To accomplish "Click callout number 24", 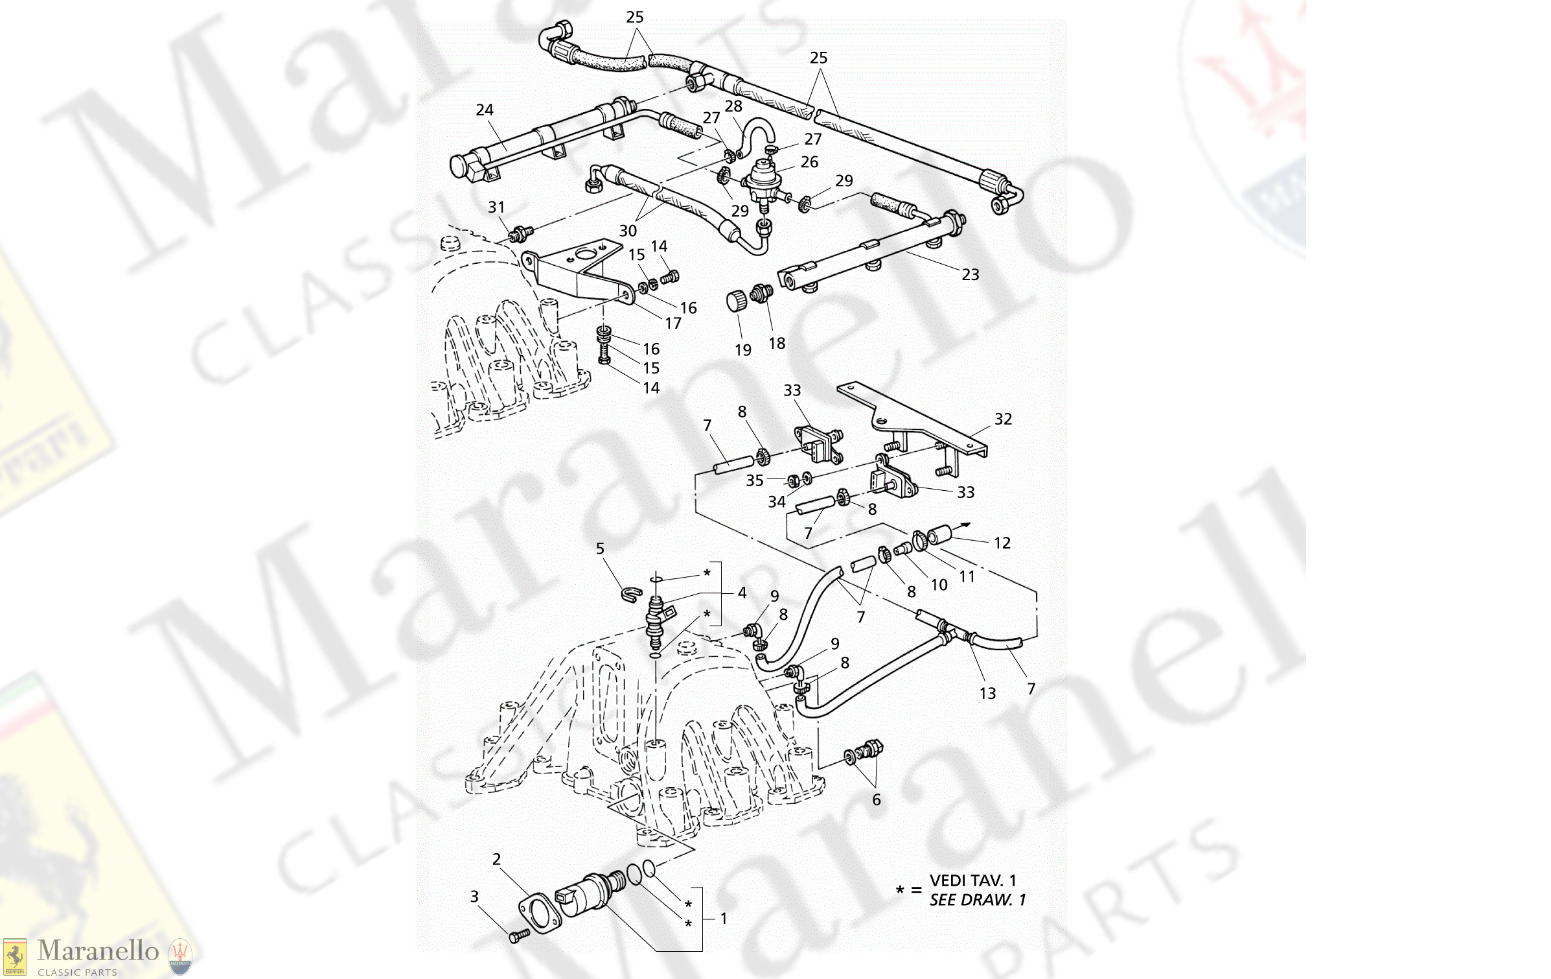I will point(484,110).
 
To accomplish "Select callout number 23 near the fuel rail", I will point(970,275).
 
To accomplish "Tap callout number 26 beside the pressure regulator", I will point(809,162).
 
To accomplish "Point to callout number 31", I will point(496,207).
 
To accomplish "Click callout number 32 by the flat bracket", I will point(1003,419).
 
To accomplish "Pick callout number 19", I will point(743,350).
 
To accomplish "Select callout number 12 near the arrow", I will point(1002,543).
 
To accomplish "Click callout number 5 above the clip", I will point(600,549).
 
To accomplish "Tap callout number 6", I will point(876,800).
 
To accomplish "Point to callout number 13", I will point(987,694).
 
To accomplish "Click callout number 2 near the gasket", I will point(496,860).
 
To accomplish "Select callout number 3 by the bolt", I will point(474,897).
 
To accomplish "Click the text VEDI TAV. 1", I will point(972,880).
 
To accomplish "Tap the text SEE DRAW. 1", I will point(977,900).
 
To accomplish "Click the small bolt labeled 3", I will point(519,936).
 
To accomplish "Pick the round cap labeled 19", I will point(735,301).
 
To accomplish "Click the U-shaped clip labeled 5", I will point(631,593).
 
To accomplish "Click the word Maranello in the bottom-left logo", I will point(98,951).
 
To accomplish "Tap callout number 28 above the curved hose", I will point(733,106).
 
